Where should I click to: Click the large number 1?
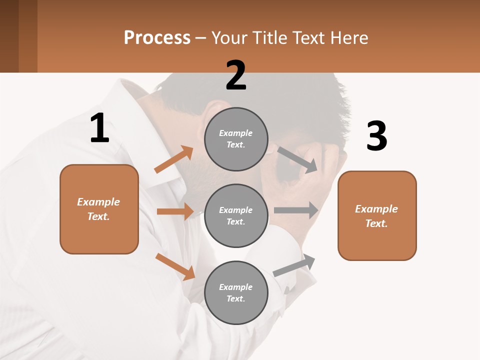[x=99, y=128]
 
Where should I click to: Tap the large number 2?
[x=236, y=75]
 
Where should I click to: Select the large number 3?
[x=376, y=136]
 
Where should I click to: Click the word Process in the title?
[x=157, y=37]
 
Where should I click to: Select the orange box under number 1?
[x=99, y=209]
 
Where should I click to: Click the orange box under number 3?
[x=377, y=215]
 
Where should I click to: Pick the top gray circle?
[x=236, y=139]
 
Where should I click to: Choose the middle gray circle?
[x=236, y=215]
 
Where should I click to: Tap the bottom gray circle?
[x=236, y=292]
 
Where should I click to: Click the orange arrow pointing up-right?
[x=174, y=159]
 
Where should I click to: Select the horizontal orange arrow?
[x=175, y=211]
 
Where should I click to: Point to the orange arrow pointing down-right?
[x=175, y=266]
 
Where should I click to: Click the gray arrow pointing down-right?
[x=297, y=159]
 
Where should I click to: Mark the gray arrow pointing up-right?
[x=294, y=265]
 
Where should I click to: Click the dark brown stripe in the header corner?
[x=9, y=36]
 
